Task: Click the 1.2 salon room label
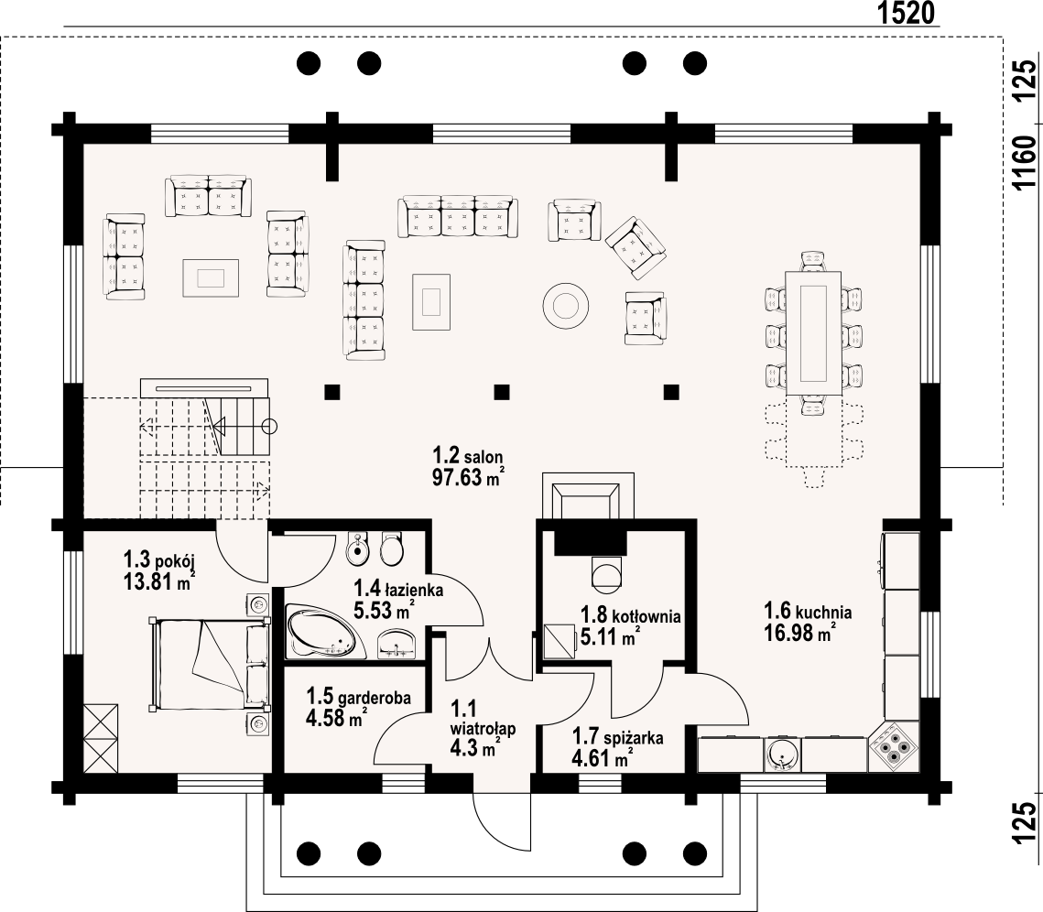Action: (x=468, y=457)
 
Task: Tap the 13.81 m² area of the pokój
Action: (x=159, y=582)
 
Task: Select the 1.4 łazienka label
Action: (x=398, y=589)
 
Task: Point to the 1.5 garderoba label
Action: (x=359, y=697)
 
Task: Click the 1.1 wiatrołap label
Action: (x=483, y=718)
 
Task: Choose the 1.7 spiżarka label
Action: (x=618, y=737)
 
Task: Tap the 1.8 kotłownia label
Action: (x=631, y=615)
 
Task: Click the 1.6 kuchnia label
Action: (x=808, y=611)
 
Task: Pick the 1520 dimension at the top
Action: (x=907, y=13)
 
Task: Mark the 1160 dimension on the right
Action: (x=1025, y=163)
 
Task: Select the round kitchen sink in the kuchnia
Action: (x=783, y=755)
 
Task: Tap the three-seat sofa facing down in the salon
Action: (x=458, y=217)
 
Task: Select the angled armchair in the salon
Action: (x=636, y=248)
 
